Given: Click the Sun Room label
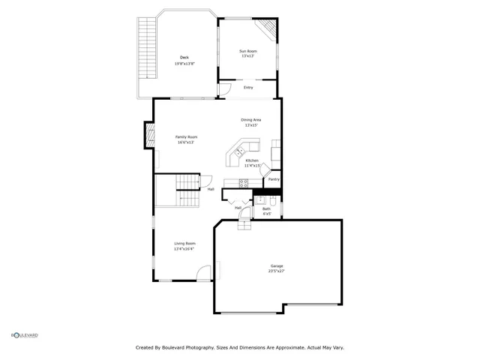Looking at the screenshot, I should (x=247, y=51).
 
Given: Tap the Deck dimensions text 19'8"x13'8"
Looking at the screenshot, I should (x=184, y=64).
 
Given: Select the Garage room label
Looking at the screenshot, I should (x=277, y=265).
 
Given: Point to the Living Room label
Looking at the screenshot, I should (x=185, y=244).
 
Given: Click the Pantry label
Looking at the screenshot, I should (x=274, y=179).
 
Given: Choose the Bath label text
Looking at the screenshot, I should (x=266, y=208).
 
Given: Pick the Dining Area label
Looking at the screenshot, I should (x=250, y=120).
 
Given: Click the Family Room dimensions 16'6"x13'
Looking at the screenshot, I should (x=186, y=142).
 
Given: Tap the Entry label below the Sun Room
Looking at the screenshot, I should (x=248, y=88).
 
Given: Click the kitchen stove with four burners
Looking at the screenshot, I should (x=244, y=182).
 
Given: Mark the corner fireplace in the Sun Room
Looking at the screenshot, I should (x=266, y=29).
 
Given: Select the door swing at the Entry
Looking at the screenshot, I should (x=223, y=91).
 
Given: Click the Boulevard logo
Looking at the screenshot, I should (x=24, y=335).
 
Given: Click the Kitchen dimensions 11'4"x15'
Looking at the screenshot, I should (x=251, y=166).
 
